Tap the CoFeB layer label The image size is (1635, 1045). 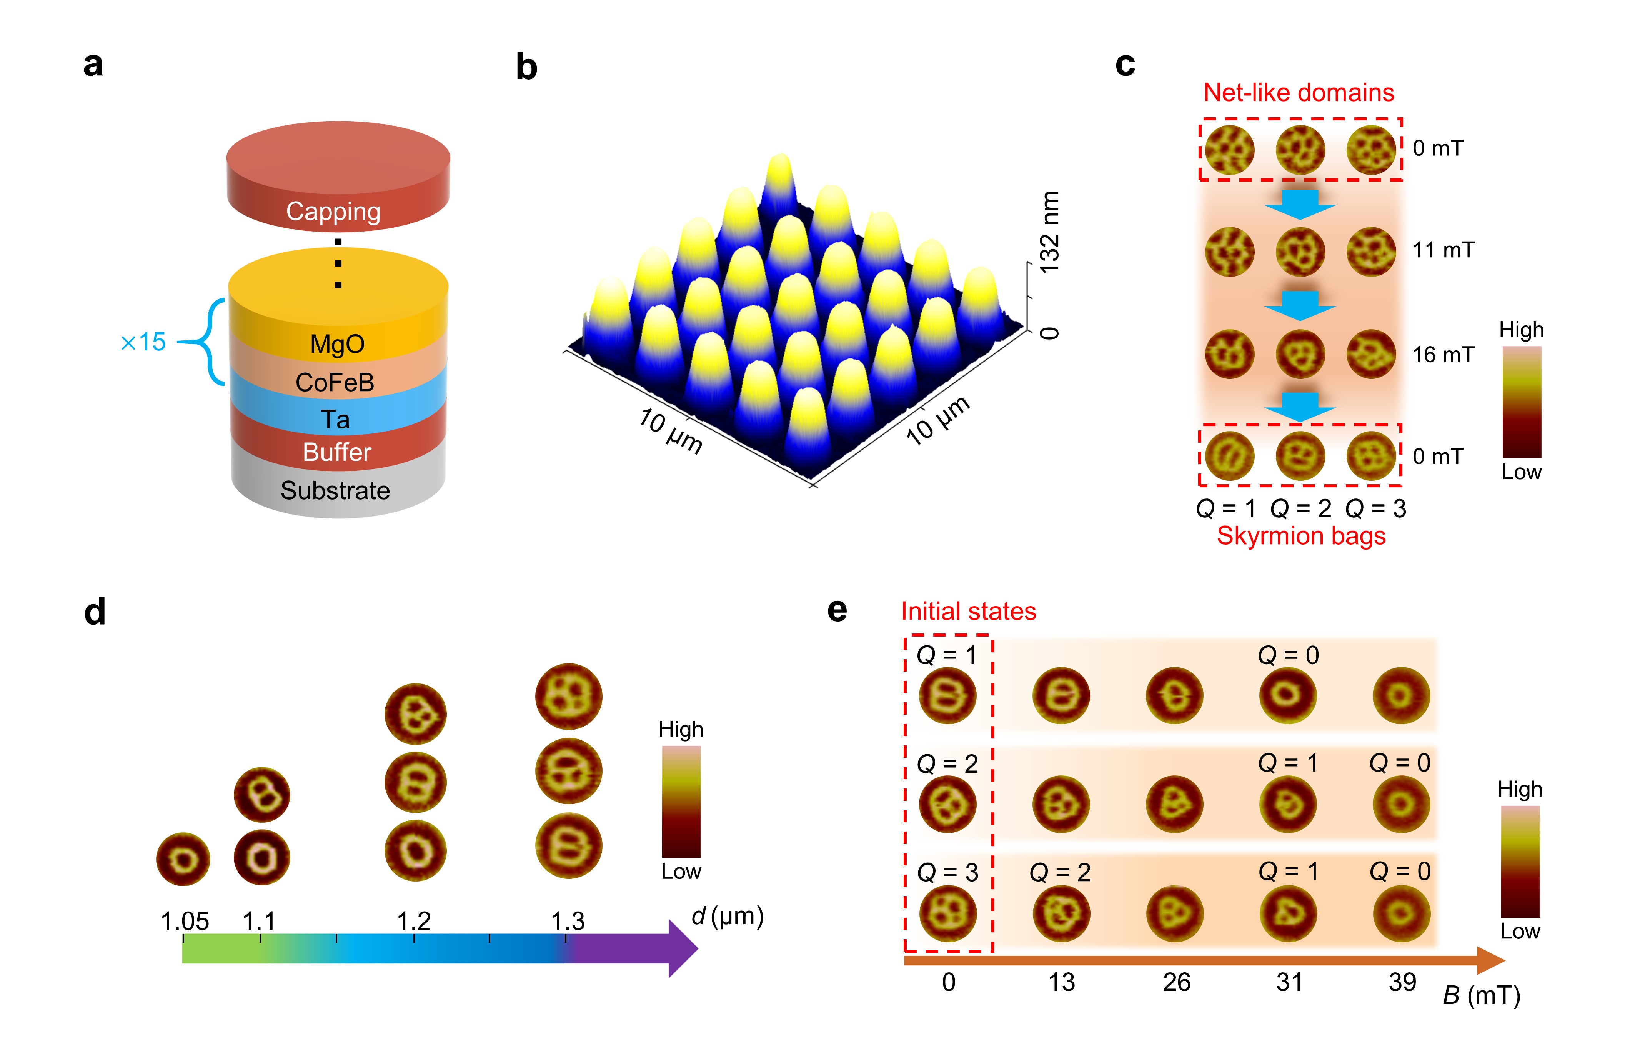click(x=335, y=382)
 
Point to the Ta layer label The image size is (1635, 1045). click(x=335, y=420)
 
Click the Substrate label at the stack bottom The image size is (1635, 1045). click(x=335, y=490)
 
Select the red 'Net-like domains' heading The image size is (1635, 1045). click(x=1298, y=92)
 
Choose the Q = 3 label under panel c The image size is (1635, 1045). click(x=1375, y=508)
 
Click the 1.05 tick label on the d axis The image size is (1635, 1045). click(x=185, y=922)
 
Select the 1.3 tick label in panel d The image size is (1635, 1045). click(x=568, y=922)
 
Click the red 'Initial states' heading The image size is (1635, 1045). click(x=968, y=611)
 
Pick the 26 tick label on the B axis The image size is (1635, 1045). click(x=1176, y=982)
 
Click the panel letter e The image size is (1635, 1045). click(x=837, y=610)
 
